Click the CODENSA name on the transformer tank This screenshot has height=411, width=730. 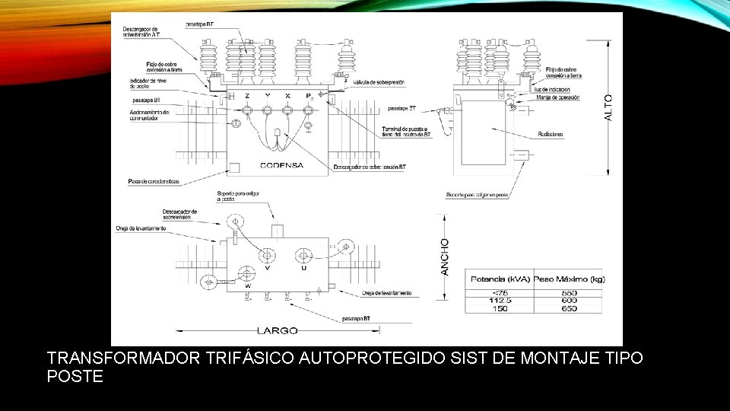281,165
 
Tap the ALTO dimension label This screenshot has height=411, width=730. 608,107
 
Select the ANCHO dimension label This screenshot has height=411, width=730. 446,256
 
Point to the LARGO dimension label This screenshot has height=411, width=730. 277,331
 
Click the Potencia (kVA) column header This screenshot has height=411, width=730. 501,279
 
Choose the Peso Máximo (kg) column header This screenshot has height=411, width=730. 570,279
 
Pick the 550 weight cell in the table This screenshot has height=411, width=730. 570,292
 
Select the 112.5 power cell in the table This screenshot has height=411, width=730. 501,300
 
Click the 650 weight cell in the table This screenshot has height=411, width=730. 570,307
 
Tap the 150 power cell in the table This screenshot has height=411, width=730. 501,307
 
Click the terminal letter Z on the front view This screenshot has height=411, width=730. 246,95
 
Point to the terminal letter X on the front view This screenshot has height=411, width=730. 287,95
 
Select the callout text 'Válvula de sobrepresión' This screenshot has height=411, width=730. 378,81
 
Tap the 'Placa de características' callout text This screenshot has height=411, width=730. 153,182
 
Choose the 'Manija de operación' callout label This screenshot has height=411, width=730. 558,97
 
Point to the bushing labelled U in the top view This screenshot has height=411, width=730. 303,257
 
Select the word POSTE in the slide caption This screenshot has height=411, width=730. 75,376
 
